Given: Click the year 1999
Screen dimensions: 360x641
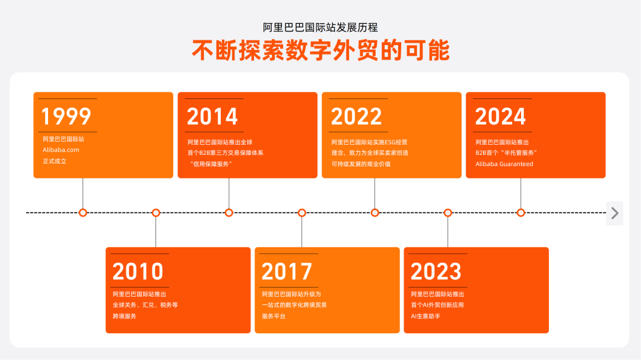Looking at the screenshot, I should [66, 116].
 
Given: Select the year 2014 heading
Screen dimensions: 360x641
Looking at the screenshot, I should [212, 116].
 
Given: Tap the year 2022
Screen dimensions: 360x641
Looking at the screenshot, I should [357, 116].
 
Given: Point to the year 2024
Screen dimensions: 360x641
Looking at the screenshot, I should [500, 116].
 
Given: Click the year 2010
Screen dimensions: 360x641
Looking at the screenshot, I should [138, 272].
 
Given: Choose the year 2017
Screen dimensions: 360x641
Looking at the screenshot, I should [287, 272].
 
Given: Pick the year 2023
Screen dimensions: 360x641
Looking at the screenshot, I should [436, 272].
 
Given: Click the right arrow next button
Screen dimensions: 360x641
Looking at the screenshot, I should [615, 213].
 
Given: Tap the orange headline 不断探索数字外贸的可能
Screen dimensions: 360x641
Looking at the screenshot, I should [320, 50].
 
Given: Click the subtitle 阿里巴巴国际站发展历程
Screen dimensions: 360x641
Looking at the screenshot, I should [320, 27].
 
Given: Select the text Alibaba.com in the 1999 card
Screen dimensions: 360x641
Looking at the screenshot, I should [61, 150].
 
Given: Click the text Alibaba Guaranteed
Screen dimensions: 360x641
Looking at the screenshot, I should [504, 164].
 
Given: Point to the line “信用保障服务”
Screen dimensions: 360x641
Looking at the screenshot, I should [210, 164].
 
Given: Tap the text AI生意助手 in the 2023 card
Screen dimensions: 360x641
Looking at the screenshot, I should [426, 316].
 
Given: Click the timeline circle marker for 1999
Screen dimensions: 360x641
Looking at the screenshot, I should [83, 212].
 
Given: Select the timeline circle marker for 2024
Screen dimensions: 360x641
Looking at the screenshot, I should [521, 212].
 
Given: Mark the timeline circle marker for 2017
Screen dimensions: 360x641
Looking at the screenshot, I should [302, 212].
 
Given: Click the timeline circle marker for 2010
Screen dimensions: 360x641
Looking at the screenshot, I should [156, 212].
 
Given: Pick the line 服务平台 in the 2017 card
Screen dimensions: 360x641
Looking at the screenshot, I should [274, 316].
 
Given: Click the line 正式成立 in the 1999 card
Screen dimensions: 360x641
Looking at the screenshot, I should [55, 161].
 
